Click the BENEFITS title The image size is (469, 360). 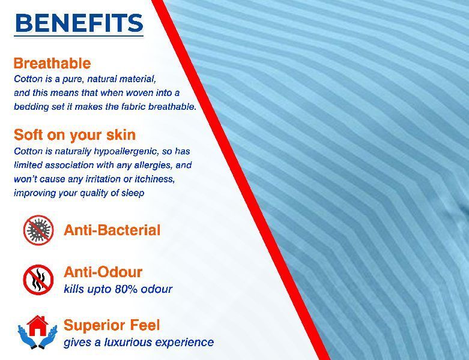click(x=79, y=23)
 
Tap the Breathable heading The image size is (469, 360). click(x=52, y=64)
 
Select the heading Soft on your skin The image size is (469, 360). click(x=75, y=135)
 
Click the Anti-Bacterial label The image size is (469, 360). click(x=112, y=230)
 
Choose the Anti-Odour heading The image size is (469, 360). click(x=103, y=272)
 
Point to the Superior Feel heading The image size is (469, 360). click(x=112, y=325)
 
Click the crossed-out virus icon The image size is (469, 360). click(x=38, y=230)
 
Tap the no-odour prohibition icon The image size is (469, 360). click(x=38, y=280)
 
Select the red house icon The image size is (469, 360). click(x=37, y=326)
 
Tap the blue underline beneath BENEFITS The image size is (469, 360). click(x=79, y=37)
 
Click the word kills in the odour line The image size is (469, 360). click(x=74, y=289)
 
